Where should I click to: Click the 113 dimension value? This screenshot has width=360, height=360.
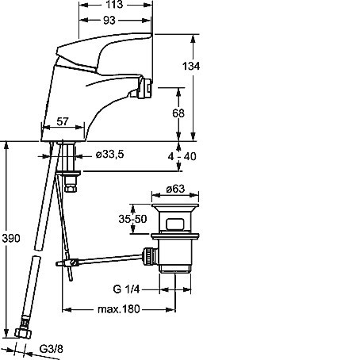pyautogui.click(x=114, y=5)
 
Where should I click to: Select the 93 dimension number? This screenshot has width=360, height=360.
pyautogui.click(x=109, y=21)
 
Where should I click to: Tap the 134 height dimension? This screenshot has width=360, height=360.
pyautogui.click(x=191, y=66)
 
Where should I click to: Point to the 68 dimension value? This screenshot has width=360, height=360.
pyautogui.click(x=178, y=113)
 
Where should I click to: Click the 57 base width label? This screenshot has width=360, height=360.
pyautogui.click(x=63, y=121)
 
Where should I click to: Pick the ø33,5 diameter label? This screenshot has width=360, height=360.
pyautogui.click(x=109, y=155)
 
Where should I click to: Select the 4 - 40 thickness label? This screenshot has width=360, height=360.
pyautogui.click(x=182, y=156)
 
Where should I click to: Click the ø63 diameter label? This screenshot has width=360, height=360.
pyautogui.click(x=175, y=189)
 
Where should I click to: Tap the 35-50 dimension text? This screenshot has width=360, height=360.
pyautogui.click(x=132, y=219)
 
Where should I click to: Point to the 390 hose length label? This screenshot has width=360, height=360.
pyautogui.click(x=11, y=239)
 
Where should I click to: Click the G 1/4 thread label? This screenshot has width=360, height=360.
pyautogui.click(x=126, y=289)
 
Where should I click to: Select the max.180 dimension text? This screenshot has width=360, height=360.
pyautogui.click(x=118, y=309)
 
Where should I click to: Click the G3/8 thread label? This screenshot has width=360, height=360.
pyautogui.click(x=52, y=349)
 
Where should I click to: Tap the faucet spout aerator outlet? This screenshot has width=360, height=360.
pyautogui.click(x=146, y=87)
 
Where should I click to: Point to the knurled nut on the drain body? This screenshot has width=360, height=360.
pyautogui.click(x=150, y=256)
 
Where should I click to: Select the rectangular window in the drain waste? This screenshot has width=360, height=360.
pyautogui.click(x=175, y=224)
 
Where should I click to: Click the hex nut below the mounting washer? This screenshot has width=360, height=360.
pyautogui.click(x=71, y=188)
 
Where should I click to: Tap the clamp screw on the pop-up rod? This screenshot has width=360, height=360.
pyautogui.click(x=75, y=262)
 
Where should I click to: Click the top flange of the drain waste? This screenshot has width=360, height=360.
pyautogui.click(x=175, y=205)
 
